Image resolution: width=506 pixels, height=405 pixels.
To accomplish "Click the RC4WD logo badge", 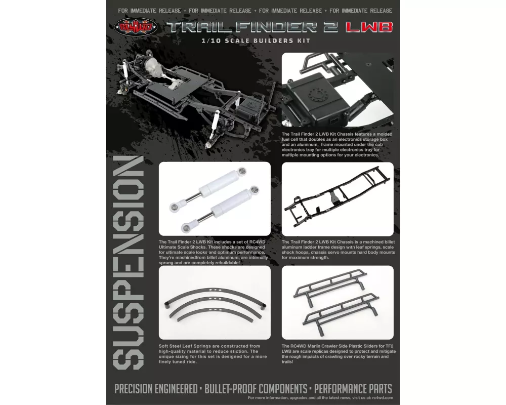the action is click(x=135, y=27).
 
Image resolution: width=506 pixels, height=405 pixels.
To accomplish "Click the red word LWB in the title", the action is click(x=369, y=27).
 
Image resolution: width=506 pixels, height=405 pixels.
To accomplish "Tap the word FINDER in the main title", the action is click(x=276, y=27).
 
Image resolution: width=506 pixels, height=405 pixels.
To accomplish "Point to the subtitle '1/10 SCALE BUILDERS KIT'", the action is click(x=256, y=40).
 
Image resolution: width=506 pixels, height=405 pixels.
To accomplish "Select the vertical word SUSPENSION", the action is click(x=128, y=263).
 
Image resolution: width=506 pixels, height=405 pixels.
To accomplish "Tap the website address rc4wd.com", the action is click(x=383, y=397).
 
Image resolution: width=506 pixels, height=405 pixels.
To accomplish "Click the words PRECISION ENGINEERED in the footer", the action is click(x=156, y=388).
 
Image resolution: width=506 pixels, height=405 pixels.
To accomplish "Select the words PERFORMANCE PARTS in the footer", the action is click(x=353, y=388).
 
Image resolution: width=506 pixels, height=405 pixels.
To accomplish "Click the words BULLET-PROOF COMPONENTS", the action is click(x=256, y=388).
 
